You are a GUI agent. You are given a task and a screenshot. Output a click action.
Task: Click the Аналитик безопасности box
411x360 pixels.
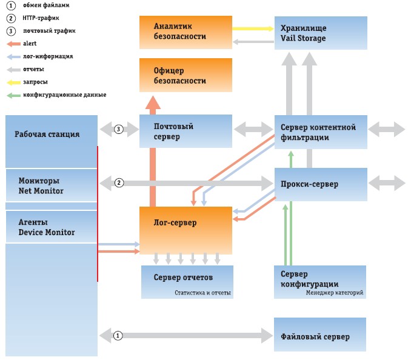pyautogui.click(x=185, y=32)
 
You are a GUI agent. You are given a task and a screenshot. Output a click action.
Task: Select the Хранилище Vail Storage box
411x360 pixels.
pyautogui.click(x=321, y=33)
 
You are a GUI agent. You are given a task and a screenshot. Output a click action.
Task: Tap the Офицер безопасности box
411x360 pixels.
pyautogui.click(x=185, y=75)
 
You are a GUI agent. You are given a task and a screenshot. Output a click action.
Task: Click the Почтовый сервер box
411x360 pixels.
pyautogui.click(x=185, y=131)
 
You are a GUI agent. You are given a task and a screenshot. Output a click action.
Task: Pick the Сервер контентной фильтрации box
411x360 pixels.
pyautogui.click(x=321, y=132)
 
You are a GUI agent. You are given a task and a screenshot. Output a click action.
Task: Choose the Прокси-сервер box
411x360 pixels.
pyautogui.click(x=321, y=184)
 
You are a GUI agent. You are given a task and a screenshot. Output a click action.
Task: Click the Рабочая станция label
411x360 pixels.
pyautogui.click(x=47, y=134)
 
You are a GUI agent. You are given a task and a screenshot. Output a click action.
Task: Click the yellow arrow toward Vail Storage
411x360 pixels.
pyautogui.click(x=253, y=28)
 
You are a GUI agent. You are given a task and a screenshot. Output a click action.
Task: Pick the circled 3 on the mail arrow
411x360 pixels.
pyautogui.click(x=119, y=129)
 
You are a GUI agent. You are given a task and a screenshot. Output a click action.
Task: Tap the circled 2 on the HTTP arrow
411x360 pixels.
pyautogui.click(x=119, y=182)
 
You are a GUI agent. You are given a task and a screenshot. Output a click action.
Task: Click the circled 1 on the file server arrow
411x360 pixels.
pyautogui.click(x=118, y=335)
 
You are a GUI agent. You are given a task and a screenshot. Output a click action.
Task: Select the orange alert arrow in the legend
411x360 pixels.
pyautogui.click(x=13, y=44)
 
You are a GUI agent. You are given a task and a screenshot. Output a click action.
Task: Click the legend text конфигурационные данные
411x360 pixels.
pyautogui.click(x=65, y=95)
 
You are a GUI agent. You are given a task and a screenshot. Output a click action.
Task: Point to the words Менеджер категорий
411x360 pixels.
pyautogui.click(x=335, y=293)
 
